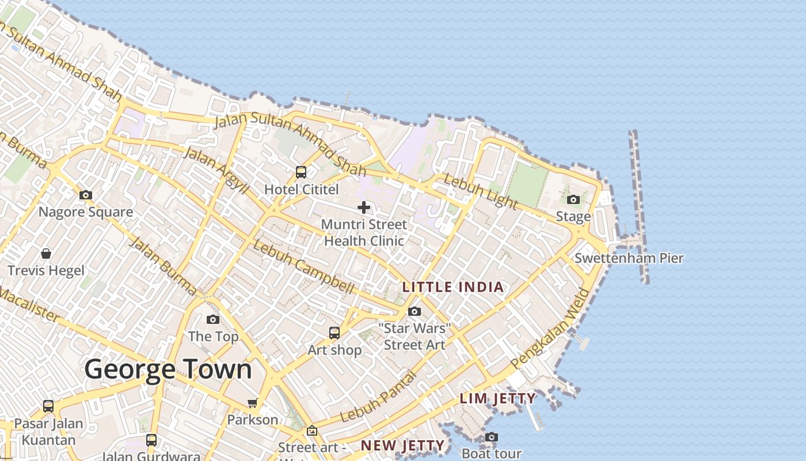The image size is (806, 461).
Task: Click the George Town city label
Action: pos(168,369)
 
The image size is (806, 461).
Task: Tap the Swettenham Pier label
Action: pos(629,258)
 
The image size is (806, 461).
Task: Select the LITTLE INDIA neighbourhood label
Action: pos(453,287)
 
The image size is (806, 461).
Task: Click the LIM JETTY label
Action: pos(497,398)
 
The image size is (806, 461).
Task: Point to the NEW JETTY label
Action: pos(402,445)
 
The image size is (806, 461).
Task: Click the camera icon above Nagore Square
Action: pos(86,195)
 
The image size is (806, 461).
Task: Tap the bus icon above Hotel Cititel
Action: pos(301,172)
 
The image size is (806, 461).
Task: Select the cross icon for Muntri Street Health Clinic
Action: pos(364,207)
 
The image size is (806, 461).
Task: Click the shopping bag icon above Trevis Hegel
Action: pos(46,254)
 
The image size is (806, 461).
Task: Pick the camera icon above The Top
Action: pos(213,319)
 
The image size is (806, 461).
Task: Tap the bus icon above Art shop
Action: pos(334,332)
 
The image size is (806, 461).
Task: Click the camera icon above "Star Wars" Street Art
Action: pos(415,312)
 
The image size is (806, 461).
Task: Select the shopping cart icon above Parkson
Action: pos(253,403)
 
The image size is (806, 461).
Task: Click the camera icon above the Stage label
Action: pos(573,200)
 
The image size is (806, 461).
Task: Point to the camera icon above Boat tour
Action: pos(491,437)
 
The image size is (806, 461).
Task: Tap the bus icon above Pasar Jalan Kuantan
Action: pos(48,406)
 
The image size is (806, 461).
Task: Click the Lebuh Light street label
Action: pos(481,191)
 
